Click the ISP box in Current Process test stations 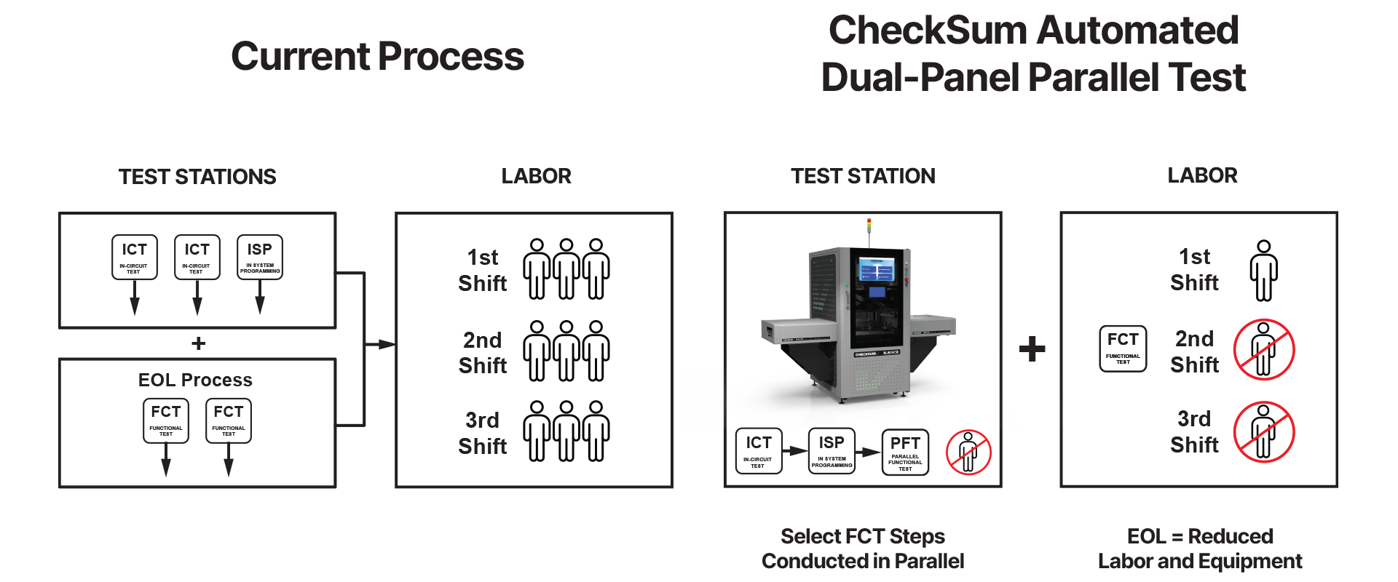260,258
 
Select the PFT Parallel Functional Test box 905,452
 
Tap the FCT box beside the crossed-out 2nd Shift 1123,349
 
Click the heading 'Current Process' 377,57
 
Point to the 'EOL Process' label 195,380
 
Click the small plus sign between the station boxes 198,343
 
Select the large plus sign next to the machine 1032,349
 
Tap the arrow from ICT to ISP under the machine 795,451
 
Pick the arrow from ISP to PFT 868,452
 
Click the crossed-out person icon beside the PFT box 968,452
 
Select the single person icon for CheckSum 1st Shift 1264,271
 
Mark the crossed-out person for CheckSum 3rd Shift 1264,431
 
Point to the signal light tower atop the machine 869,231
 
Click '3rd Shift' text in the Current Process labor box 483,433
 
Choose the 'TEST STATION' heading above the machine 863,176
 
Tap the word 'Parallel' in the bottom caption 929,561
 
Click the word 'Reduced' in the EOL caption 1231,536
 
